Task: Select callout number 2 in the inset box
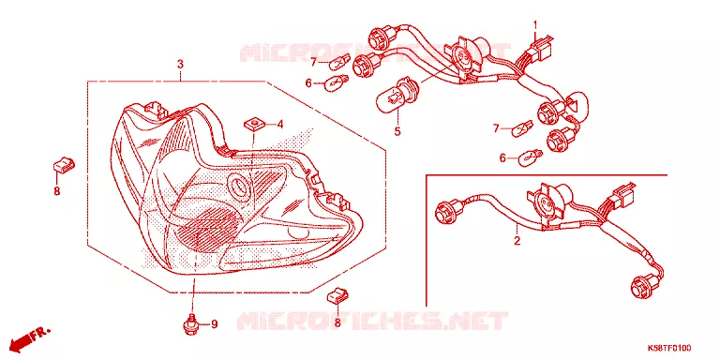517,241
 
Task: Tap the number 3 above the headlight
180,64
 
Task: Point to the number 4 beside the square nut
279,124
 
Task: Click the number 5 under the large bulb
397,131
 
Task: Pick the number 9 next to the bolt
214,324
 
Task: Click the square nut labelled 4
253,124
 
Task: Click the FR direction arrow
31,337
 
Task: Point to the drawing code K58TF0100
669,348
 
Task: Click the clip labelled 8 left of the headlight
64,164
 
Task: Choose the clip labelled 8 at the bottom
337,295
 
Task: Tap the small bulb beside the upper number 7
339,62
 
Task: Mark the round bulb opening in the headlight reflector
240,187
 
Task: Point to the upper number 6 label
308,83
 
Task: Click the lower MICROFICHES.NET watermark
373,321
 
